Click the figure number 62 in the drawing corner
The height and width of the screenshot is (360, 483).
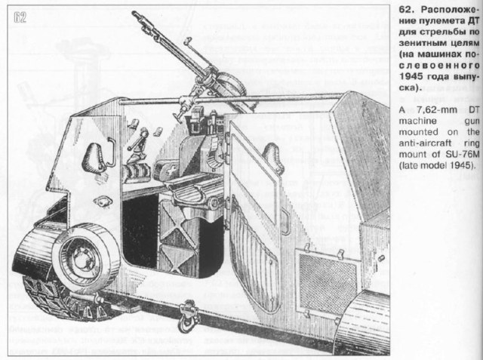click(x=20, y=19)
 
